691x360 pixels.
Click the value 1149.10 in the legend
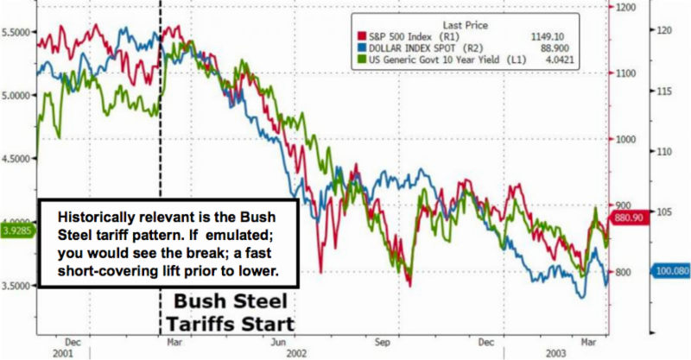tap(558, 36)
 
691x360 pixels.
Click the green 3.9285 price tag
tap(16, 231)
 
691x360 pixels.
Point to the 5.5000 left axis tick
tap(16, 32)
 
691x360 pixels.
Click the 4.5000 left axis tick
tap(16, 158)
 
